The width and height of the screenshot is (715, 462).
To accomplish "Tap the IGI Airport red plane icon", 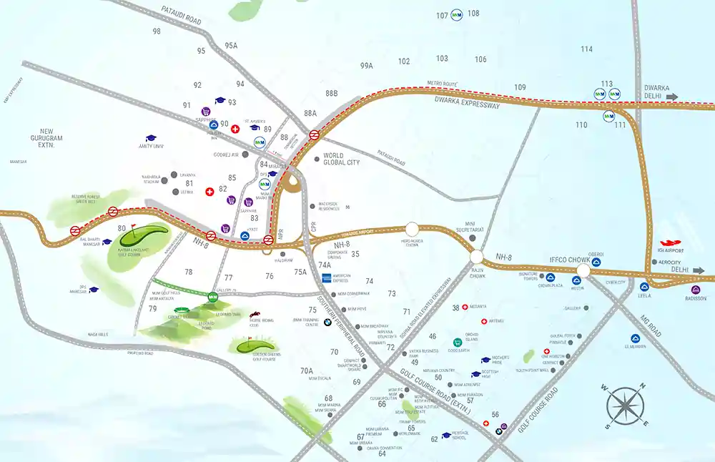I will [x=672, y=243].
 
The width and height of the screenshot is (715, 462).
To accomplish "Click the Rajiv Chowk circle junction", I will [x=476, y=256].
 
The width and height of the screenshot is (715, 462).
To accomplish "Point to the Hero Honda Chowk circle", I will [x=413, y=230].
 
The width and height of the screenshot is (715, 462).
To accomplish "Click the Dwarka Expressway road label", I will [x=470, y=105].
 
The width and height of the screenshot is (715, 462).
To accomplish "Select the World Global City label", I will [x=342, y=159].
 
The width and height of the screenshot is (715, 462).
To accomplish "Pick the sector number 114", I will [x=587, y=49].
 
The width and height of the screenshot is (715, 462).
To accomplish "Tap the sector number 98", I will [x=157, y=31].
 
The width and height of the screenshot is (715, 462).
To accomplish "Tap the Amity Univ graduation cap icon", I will [x=151, y=138].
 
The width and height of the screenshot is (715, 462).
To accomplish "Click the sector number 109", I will [x=520, y=87].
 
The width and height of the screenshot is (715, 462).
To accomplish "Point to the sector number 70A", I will [x=307, y=370].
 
